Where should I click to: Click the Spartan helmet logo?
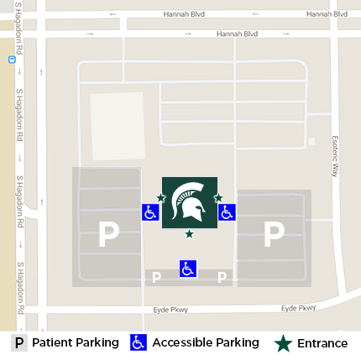[x=189, y=202]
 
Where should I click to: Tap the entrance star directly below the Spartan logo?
[x=189, y=234]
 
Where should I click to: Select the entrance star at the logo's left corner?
[x=161, y=198]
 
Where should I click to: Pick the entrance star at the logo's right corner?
[x=218, y=198]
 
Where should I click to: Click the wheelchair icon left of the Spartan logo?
[x=150, y=212]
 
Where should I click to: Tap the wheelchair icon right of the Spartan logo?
[x=227, y=212]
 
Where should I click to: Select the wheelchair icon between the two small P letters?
[x=188, y=269]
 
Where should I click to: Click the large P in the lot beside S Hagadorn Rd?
[x=108, y=234]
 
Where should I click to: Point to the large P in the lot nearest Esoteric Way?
[x=274, y=234]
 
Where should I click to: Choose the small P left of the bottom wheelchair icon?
[x=156, y=278]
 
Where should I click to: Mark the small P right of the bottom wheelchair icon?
[x=222, y=278]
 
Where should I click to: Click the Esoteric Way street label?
[x=334, y=155]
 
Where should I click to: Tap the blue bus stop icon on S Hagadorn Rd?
[x=11, y=60]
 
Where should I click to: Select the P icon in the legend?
[x=19, y=342]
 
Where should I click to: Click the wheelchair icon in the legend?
[x=139, y=342]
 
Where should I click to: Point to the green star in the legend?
[x=283, y=342]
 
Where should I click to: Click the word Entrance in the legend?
[x=322, y=343]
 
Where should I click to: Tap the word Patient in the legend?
[x=52, y=342]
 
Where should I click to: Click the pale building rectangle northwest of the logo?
[x=117, y=127]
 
